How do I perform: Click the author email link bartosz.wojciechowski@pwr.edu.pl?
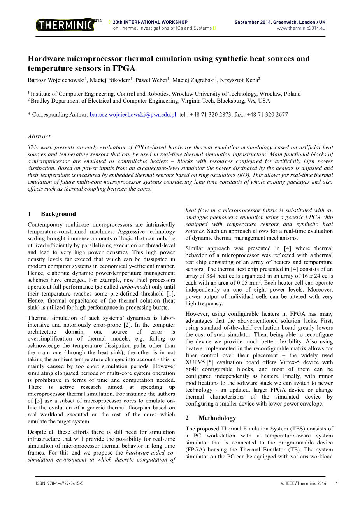click(133, 115)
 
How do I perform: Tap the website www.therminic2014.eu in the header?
click(301, 28)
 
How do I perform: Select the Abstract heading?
click(39, 136)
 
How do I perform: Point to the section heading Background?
click(58, 214)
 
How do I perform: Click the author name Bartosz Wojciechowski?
click(56, 80)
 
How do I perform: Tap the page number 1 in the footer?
click(337, 483)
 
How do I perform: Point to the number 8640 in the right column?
click(192, 369)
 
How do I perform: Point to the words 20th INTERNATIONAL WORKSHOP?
click(150, 22)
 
